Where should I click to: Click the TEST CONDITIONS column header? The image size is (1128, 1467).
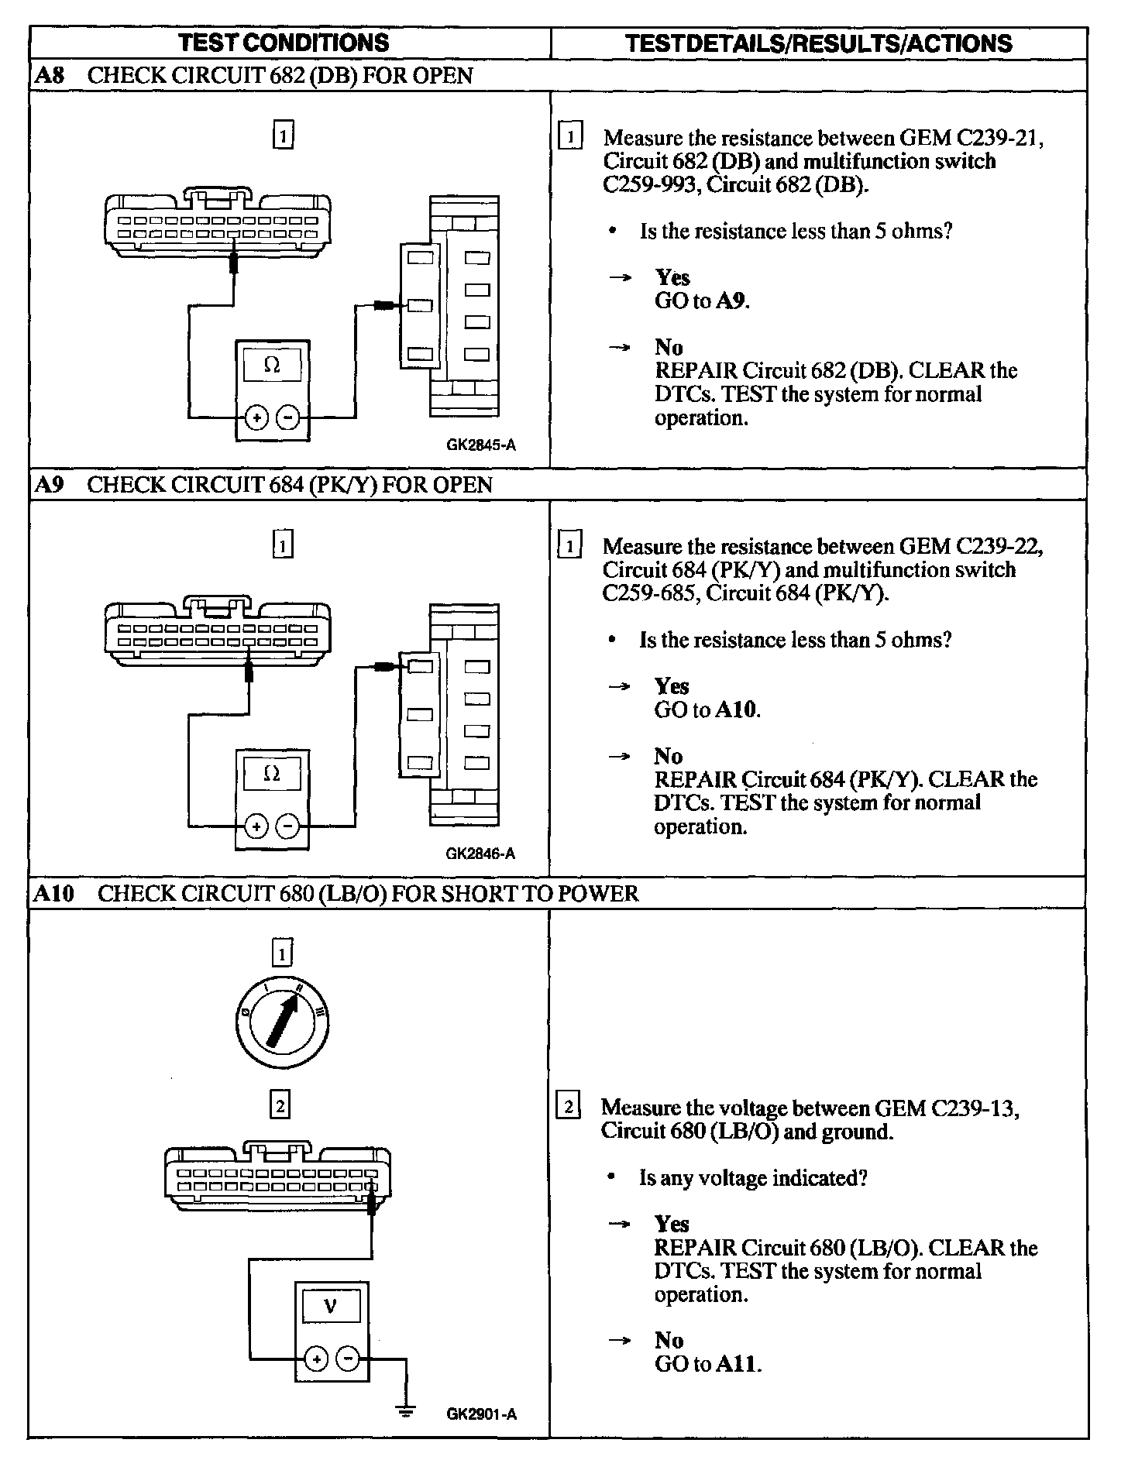[284, 43]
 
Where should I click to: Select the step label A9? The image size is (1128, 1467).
[49, 485]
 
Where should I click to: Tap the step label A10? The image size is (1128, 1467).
[53, 893]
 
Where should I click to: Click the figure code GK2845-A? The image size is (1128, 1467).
[480, 445]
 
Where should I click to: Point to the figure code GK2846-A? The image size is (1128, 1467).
[480, 854]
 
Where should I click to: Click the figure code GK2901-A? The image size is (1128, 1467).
[481, 1414]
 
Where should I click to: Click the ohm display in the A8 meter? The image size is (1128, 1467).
[272, 365]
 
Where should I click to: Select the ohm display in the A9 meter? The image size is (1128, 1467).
[272, 774]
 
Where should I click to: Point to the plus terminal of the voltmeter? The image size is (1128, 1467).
[315, 1358]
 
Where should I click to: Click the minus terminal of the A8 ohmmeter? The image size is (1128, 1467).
[287, 418]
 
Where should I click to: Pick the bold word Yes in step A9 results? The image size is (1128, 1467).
[671, 686]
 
